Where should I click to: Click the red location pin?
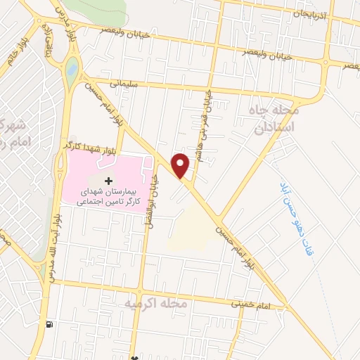coord(181,165)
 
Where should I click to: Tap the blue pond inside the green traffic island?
coord(72,69)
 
